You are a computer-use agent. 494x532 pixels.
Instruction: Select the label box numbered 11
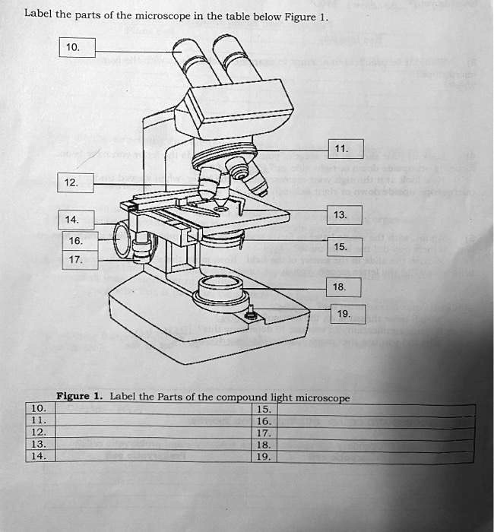[x=347, y=149]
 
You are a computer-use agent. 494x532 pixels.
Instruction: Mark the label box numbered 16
[x=77, y=241]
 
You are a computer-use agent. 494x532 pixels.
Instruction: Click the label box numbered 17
[x=77, y=259]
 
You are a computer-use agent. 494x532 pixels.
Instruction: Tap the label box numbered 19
[x=348, y=314]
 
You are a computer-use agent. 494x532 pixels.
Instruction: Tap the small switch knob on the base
[x=252, y=313]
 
